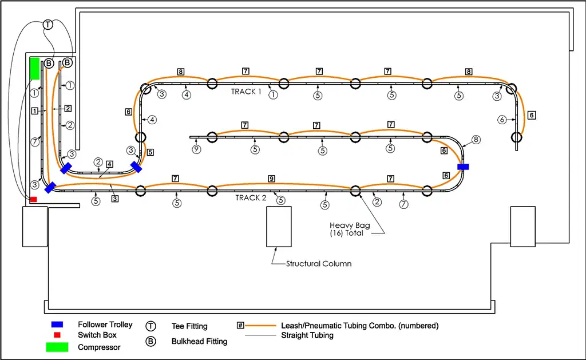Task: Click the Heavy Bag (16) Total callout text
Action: click(x=350, y=229)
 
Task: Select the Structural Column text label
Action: click(x=319, y=264)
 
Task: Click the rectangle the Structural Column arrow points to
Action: click(x=276, y=226)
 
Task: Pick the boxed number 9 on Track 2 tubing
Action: click(x=272, y=179)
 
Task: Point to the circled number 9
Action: click(x=196, y=150)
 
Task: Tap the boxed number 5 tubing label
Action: click(x=150, y=153)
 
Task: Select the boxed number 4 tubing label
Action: click(x=109, y=164)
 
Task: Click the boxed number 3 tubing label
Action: click(x=114, y=199)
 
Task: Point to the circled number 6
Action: click(x=502, y=120)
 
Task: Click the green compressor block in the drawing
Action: click(x=34, y=68)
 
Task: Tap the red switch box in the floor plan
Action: click(x=33, y=199)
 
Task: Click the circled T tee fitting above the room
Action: click(x=48, y=25)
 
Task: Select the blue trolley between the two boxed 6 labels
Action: click(x=463, y=167)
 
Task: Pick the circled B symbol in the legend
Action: click(x=152, y=342)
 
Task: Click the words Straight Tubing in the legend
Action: click(x=307, y=335)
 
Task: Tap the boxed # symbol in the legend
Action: click(x=240, y=325)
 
